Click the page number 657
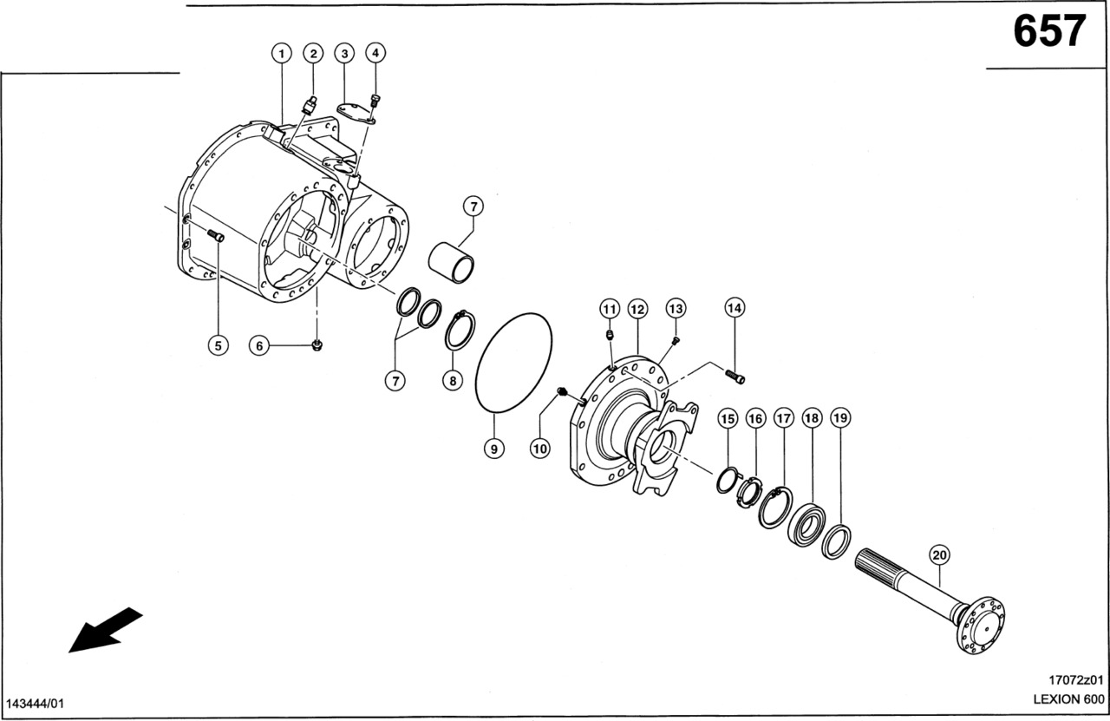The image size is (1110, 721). coord(1049,33)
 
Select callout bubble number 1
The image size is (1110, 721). coord(281,54)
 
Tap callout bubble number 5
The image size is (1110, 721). coord(218,345)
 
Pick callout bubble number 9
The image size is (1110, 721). coord(493,449)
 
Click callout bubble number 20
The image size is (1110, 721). coord(939,554)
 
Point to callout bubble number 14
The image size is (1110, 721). coord(735,307)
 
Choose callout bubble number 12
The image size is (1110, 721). coord(638,308)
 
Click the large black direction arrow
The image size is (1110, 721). coord(105,628)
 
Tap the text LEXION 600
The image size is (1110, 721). coord(1068,699)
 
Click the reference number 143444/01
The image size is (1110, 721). coord(36,701)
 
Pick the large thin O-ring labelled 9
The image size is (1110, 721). coord(514,362)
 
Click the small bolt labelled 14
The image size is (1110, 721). coord(734,376)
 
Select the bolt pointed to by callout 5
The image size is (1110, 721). coord(215,235)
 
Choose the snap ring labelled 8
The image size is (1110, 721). coord(460,331)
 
